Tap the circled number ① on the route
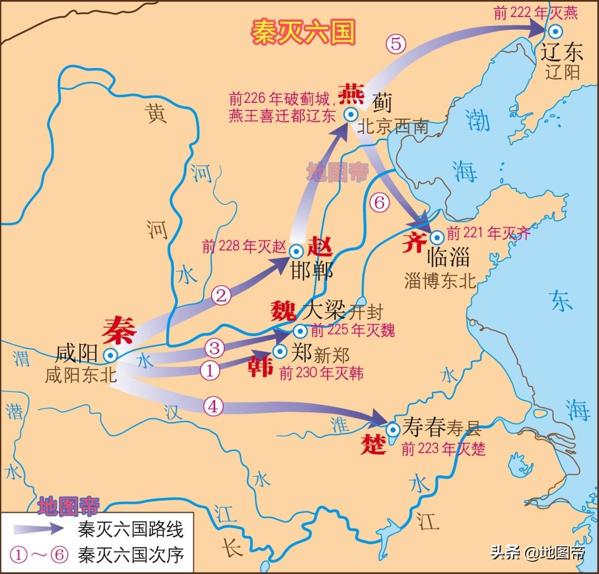[x=211, y=370]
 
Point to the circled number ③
[x=214, y=348]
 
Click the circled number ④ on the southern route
[x=213, y=406]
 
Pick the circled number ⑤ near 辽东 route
[x=396, y=44]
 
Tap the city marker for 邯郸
[x=296, y=251]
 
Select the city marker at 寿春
[x=392, y=429]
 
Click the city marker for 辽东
[x=557, y=31]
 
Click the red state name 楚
[x=373, y=444]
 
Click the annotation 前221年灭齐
[x=489, y=234]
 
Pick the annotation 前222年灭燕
[x=535, y=13]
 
